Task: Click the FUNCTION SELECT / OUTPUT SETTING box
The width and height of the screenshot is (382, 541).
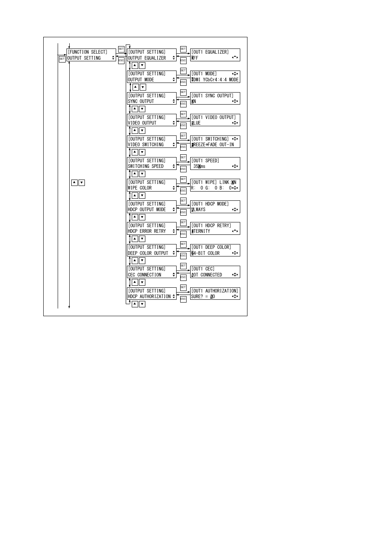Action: [91, 55]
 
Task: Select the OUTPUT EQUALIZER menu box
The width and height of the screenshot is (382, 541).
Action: [151, 55]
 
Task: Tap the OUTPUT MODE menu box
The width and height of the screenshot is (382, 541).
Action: [151, 77]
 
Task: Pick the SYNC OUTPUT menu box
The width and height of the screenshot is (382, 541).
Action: [151, 99]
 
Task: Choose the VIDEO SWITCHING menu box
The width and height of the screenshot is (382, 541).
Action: [151, 142]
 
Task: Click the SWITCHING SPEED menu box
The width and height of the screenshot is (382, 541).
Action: [151, 164]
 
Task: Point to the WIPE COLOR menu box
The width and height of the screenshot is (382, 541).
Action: [151, 185]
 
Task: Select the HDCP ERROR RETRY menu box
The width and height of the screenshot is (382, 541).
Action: [151, 228]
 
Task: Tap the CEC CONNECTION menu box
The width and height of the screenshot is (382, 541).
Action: [151, 272]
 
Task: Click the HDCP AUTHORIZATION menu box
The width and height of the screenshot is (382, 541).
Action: [151, 294]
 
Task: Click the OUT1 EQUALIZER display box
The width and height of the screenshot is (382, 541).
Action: [215, 55]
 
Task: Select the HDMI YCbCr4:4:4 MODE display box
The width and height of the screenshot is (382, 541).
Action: [215, 77]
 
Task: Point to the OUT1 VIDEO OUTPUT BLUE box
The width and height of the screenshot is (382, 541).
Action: [215, 120]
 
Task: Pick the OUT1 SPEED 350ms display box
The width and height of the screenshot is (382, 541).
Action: [215, 164]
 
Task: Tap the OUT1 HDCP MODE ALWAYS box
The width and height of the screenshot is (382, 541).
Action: [215, 207]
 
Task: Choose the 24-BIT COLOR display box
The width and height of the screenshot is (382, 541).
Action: [215, 250]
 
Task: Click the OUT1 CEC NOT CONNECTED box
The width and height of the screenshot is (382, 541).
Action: [215, 272]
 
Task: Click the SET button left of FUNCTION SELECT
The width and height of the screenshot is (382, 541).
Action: [62, 59]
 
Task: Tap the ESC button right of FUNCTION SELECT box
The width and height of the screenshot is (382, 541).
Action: [121, 61]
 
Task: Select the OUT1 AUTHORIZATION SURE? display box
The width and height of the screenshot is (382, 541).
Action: [215, 294]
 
